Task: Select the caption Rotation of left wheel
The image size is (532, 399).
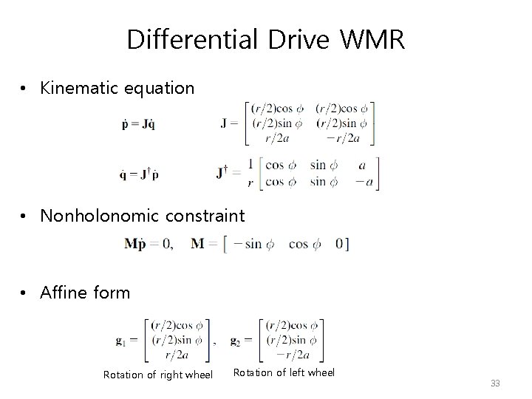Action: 284,372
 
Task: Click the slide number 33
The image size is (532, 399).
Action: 495,383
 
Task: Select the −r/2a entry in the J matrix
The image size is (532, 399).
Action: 341,137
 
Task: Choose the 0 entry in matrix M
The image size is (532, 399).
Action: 339,244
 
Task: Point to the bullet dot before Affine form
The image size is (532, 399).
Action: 25,293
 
